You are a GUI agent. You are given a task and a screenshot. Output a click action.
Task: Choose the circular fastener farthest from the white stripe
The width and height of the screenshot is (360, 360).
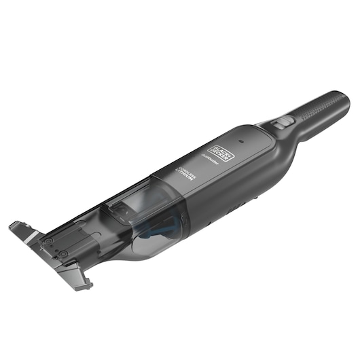pos(62,253)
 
